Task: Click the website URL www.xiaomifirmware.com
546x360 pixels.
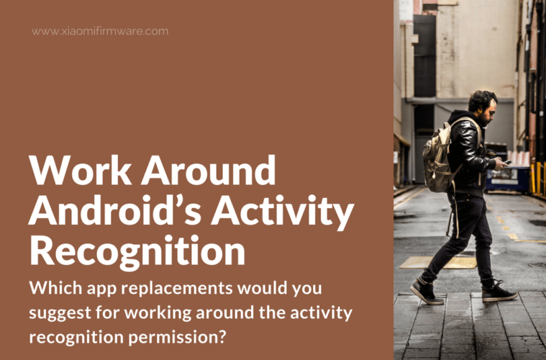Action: (x=100, y=31)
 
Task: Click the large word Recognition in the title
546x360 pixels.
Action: (x=137, y=252)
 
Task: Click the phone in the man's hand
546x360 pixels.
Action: (x=508, y=162)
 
